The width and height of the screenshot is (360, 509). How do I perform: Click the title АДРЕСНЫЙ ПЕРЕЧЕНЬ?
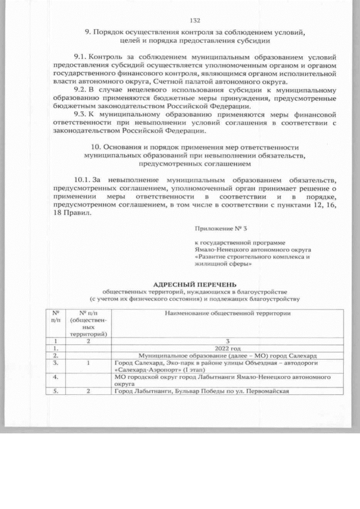[195, 285]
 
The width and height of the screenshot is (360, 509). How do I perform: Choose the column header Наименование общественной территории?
[228, 313]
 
